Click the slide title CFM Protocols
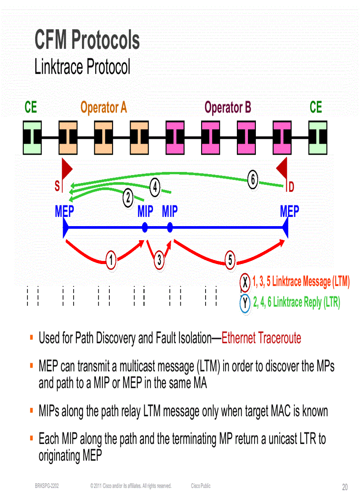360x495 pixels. (87, 40)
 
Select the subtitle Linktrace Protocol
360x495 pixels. (82, 67)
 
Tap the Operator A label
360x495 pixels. (103, 108)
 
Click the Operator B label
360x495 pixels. (228, 108)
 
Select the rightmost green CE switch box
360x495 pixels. (318, 137)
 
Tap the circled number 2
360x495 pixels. (127, 199)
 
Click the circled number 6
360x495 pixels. (252, 180)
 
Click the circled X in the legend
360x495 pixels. (245, 282)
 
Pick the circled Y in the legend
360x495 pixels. (245, 303)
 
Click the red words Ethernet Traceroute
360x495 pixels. (261, 338)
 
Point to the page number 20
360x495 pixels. (345, 487)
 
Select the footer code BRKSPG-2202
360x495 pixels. (47, 486)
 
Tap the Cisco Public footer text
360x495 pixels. (201, 486)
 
